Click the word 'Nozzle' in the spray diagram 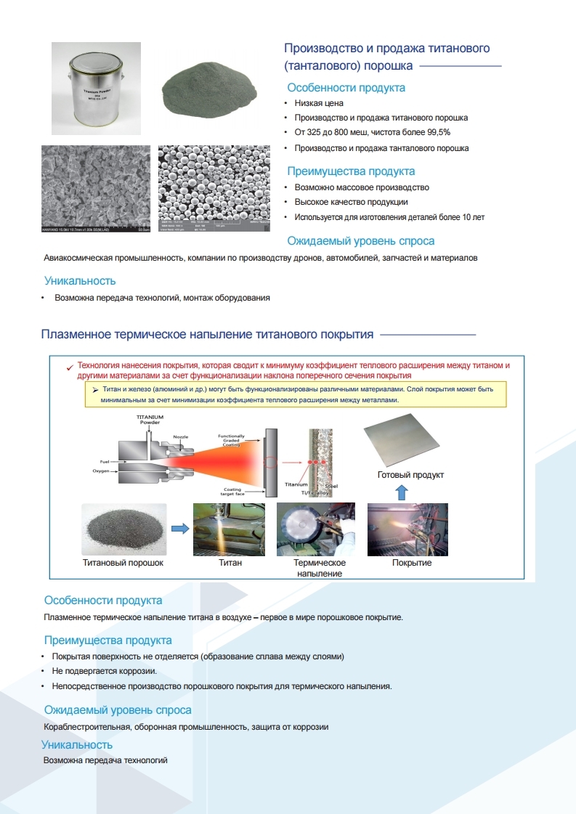(x=180, y=436)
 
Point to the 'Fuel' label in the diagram (x=104, y=461)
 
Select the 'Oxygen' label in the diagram (x=101, y=471)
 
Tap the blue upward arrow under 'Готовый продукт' (x=403, y=492)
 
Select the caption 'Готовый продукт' (x=410, y=475)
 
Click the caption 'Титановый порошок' (x=122, y=563)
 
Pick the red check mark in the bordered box (x=68, y=367)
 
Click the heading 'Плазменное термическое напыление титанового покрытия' (x=208, y=335)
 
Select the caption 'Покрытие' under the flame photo (x=412, y=563)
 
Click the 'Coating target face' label (x=232, y=492)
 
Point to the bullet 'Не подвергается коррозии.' (x=105, y=671)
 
